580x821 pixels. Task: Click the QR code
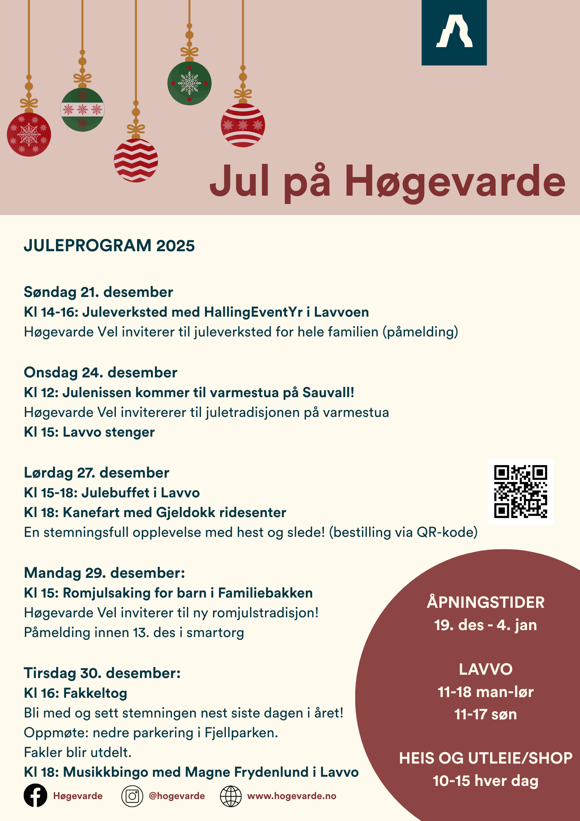pyautogui.click(x=520, y=491)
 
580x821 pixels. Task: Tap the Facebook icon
pyautogui.click(x=35, y=795)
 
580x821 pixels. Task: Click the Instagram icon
pyautogui.click(x=132, y=796)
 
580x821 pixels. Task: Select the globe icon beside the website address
pyautogui.click(x=231, y=796)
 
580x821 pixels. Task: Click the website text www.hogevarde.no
pyautogui.click(x=292, y=796)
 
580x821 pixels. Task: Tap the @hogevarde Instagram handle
pyautogui.click(x=177, y=796)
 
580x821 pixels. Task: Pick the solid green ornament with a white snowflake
pyautogui.click(x=189, y=83)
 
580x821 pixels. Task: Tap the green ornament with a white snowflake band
pyautogui.click(x=82, y=109)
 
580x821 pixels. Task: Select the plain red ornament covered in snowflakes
pyautogui.click(x=29, y=135)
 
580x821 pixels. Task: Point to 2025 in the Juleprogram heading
pyautogui.click(x=175, y=245)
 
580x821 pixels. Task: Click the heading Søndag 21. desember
pyautogui.click(x=98, y=292)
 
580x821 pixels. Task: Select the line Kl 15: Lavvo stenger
pyautogui.click(x=89, y=432)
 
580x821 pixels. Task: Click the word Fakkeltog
pyautogui.click(x=95, y=693)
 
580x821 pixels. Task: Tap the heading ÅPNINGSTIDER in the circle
pyautogui.click(x=485, y=602)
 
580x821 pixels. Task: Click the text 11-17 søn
pyautogui.click(x=485, y=714)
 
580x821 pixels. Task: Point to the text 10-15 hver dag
pyautogui.click(x=485, y=781)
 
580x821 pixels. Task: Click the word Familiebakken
pyautogui.click(x=265, y=593)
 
